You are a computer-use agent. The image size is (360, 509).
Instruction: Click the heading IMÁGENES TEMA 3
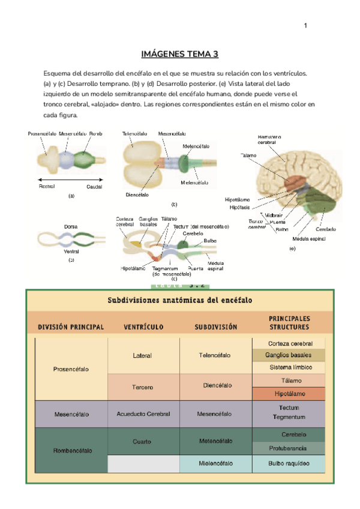pos(180,55)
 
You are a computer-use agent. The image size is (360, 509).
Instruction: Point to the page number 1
pos(305,25)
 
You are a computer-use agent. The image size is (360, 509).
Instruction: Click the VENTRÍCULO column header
pos(144,327)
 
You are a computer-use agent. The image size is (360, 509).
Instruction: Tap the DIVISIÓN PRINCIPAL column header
pos(71,327)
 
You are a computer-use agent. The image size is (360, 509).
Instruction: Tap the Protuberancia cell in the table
pos(289,448)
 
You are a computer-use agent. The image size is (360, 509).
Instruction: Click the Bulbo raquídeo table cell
pos(289,464)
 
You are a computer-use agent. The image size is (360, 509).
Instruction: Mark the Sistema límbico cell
pos(289,367)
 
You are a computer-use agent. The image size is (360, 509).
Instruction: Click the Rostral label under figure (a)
pos(47,187)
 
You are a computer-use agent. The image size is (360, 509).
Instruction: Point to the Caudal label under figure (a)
pos(94,187)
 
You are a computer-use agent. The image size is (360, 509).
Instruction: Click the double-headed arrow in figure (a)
pos(70,179)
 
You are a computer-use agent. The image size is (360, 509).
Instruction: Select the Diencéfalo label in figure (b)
pos(137,194)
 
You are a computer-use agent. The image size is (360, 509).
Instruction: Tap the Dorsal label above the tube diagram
pos(71,227)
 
